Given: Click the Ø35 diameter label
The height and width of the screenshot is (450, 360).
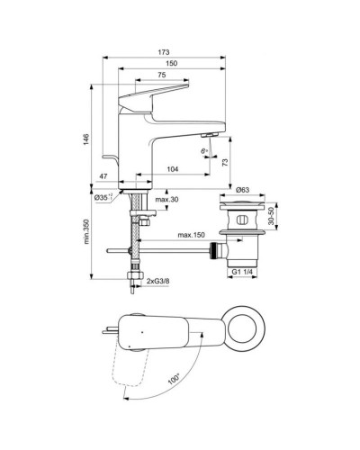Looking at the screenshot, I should coord(104,196).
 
